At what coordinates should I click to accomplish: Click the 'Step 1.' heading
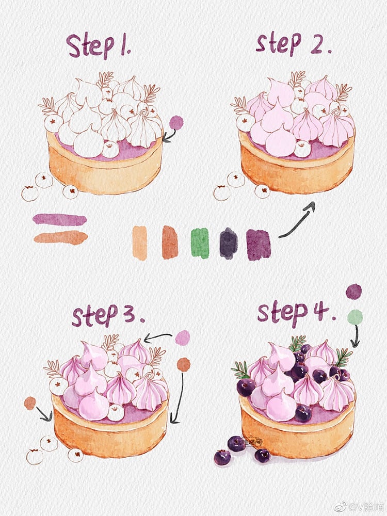click(98, 46)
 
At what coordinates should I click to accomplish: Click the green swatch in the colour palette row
click(200, 243)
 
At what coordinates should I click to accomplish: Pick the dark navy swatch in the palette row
click(228, 243)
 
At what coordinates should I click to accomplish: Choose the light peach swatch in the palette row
click(140, 243)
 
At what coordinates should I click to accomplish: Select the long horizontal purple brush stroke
click(59, 219)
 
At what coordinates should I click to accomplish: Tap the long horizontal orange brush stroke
click(60, 238)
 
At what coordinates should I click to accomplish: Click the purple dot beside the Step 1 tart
click(176, 122)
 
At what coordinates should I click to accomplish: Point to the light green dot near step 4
click(354, 317)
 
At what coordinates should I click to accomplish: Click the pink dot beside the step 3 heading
click(182, 337)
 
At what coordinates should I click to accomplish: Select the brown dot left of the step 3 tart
click(30, 403)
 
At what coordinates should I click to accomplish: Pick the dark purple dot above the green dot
click(353, 292)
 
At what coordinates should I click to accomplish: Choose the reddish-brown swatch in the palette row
click(170, 242)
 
